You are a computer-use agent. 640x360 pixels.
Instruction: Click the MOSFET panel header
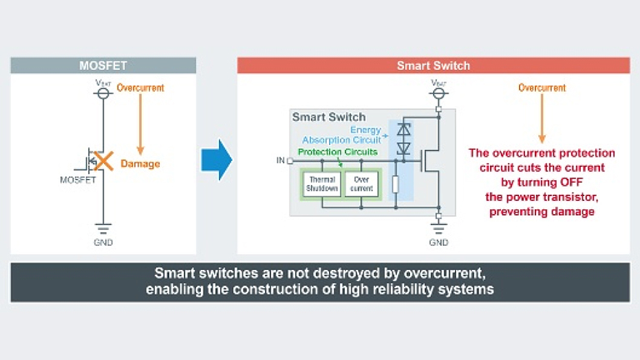coord(102,66)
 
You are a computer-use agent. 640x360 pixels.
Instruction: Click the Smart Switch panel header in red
coord(432,66)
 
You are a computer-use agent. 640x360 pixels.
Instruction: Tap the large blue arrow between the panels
coord(217,157)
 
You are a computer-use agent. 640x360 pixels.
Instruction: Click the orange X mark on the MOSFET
coord(104,162)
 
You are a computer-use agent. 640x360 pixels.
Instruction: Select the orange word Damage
coord(140,164)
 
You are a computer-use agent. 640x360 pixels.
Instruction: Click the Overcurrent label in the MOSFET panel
coord(140,87)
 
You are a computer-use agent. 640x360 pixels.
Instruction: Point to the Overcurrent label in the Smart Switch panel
coord(542,87)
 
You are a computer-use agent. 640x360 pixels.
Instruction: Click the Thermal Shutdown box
coord(321,184)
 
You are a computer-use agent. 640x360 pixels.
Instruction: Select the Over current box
coord(361,184)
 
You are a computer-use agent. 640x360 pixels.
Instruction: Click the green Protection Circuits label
coord(337,152)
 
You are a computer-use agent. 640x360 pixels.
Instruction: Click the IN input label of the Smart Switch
coord(280,160)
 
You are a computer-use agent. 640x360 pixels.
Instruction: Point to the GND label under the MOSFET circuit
coord(103,243)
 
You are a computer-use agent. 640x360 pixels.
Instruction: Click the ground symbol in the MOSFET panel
coord(103,228)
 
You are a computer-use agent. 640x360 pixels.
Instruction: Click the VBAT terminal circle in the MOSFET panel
coord(103,95)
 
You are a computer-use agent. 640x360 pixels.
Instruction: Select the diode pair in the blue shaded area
coord(405,138)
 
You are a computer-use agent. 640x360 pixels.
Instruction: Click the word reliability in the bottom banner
coord(394,290)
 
